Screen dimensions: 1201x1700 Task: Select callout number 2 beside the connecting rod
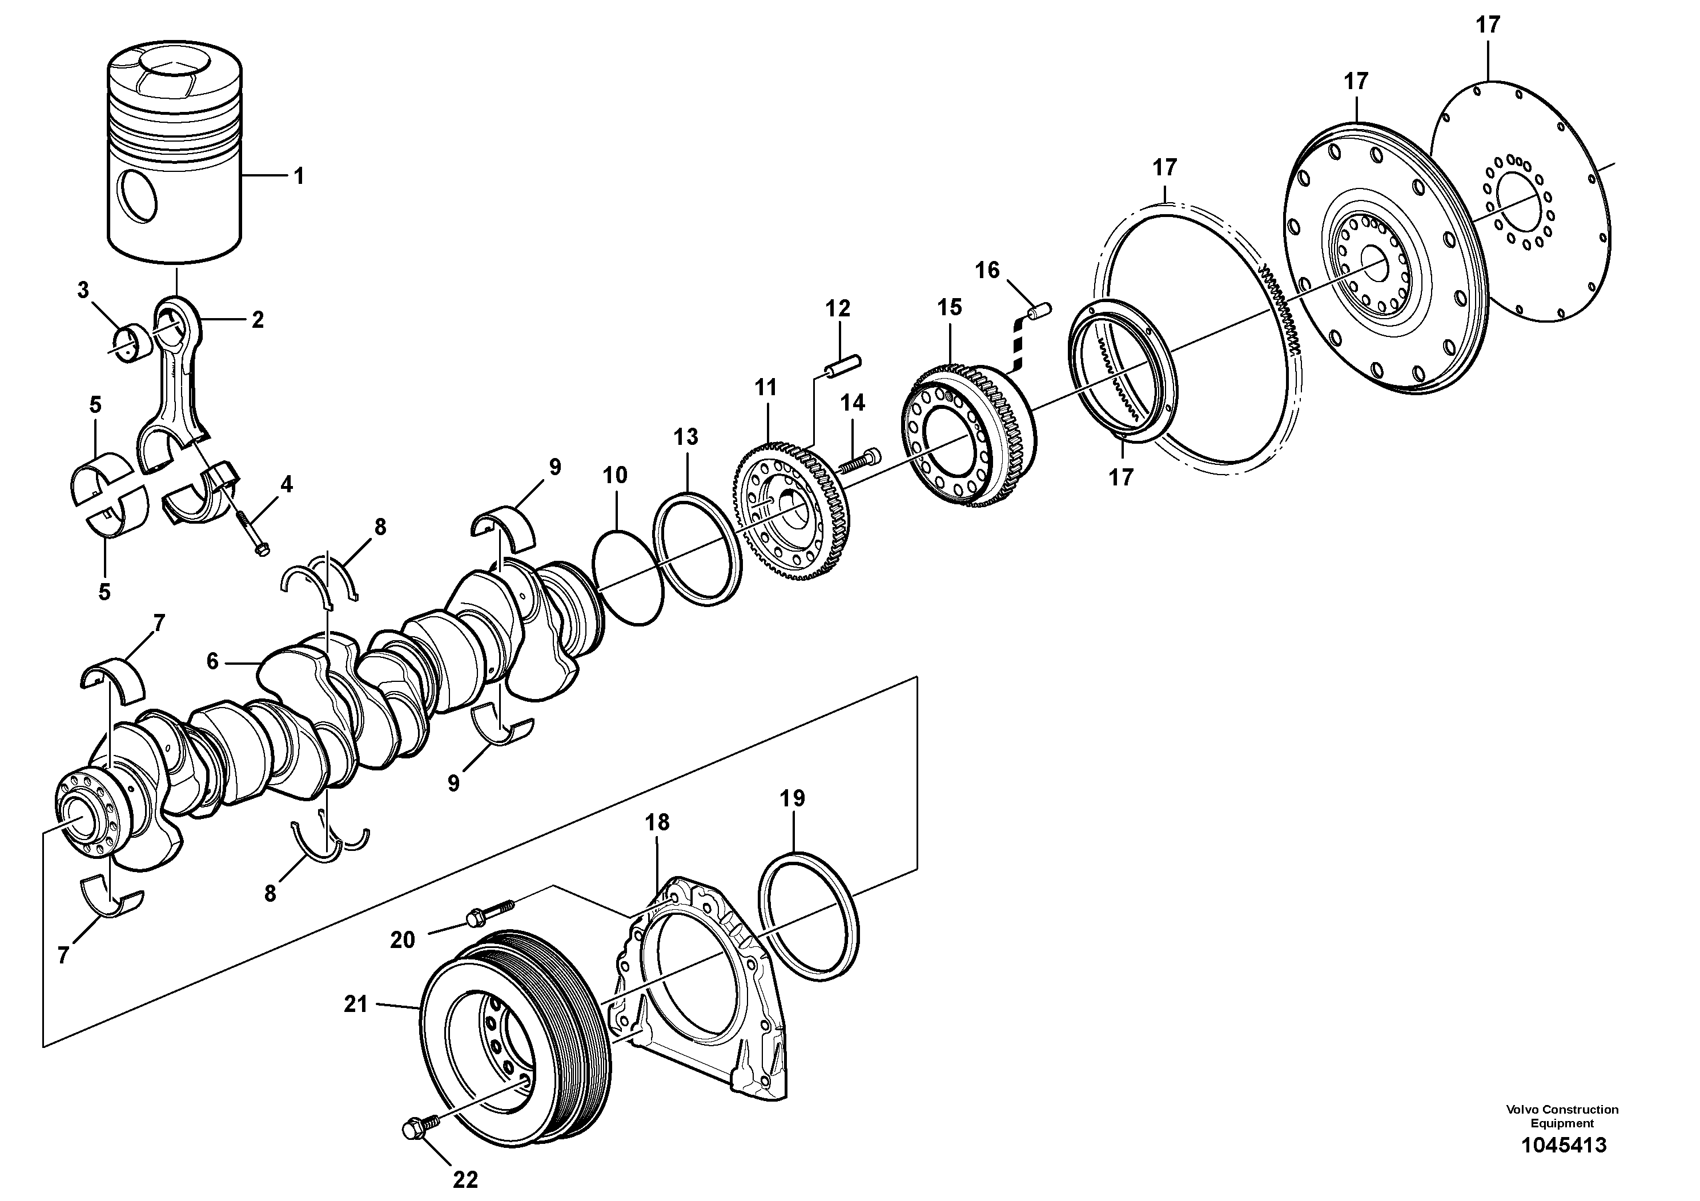pyautogui.click(x=258, y=320)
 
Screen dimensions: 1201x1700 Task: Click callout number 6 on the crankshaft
pyautogui.click(x=212, y=661)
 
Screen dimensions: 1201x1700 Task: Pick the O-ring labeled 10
pyautogui.click(x=628, y=577)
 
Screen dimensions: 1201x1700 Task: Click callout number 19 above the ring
pyautogui.click(x=792, y=798)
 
